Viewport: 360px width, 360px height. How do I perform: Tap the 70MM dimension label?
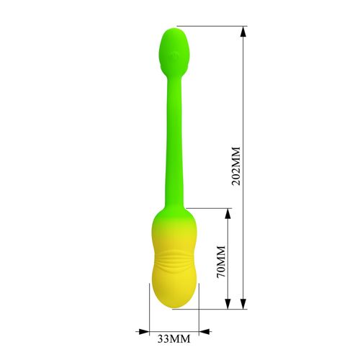[221, 261]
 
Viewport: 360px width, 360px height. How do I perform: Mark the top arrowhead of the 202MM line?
[243, 32]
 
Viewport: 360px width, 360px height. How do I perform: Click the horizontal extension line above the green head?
[216, 28]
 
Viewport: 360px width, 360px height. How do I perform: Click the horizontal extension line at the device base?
[216, 309]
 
